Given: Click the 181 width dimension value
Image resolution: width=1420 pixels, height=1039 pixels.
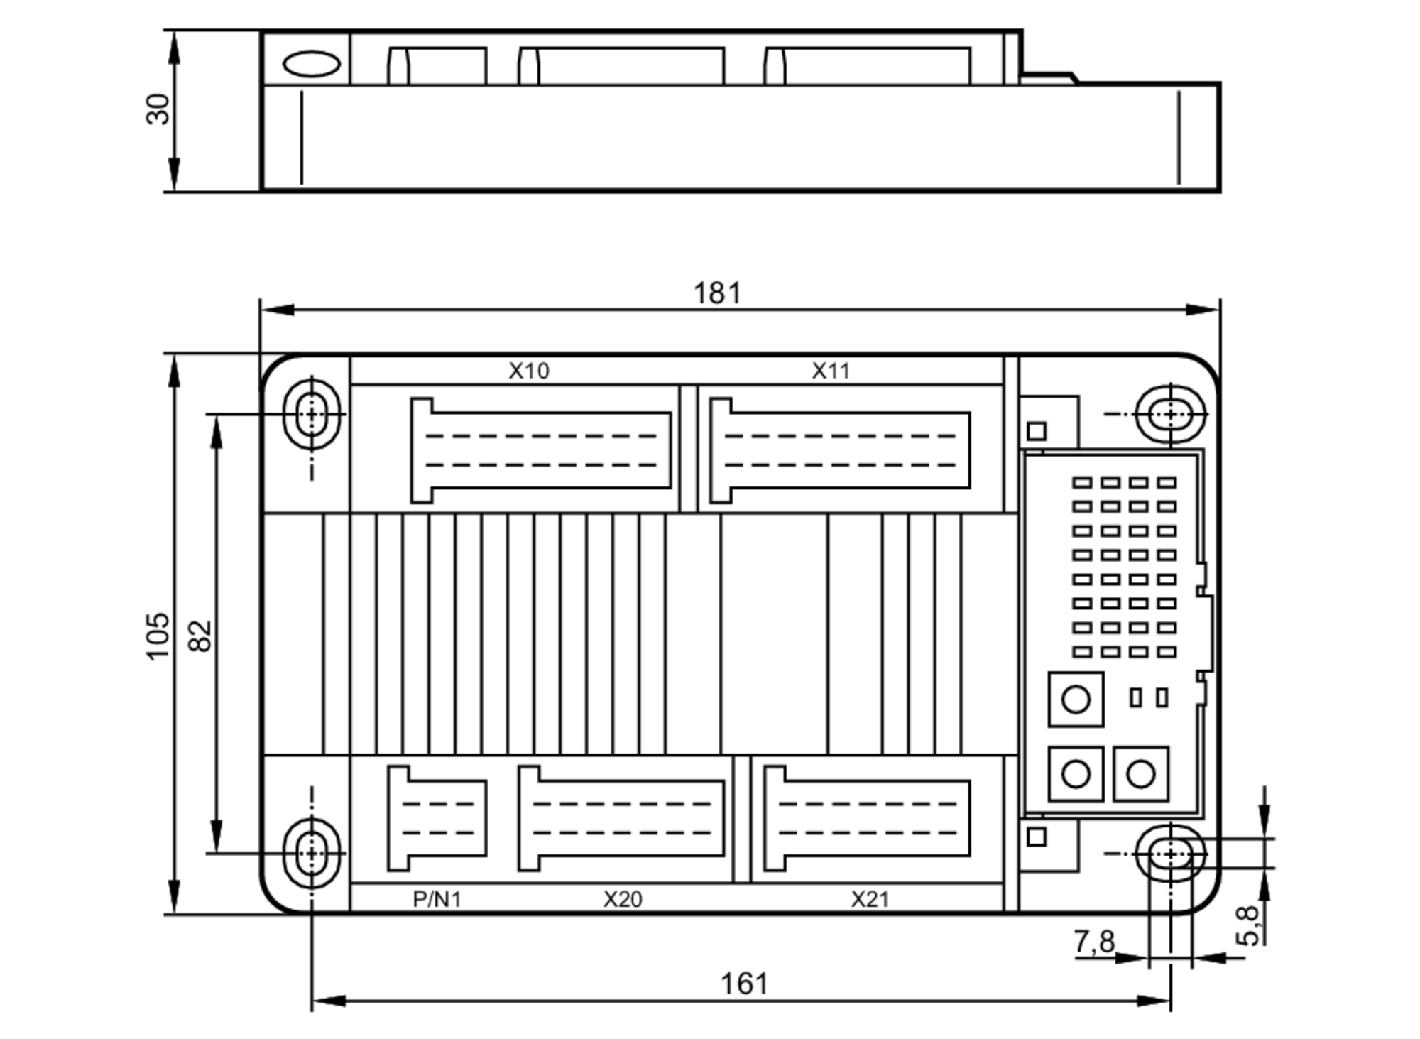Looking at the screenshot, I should coord(717,293).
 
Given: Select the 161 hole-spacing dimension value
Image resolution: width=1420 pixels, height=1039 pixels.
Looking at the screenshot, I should coord(744,984).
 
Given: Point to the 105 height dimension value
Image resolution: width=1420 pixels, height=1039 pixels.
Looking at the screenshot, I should coord(158,636).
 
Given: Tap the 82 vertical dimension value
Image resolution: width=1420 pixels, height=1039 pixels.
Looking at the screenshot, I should coord(200,636).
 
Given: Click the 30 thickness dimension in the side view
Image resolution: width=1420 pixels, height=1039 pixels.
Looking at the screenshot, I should coord(158,109).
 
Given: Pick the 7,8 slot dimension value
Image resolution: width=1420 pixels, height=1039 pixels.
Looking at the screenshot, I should coord(1094,942).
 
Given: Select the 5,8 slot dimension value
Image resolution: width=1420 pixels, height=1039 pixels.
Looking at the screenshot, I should coord(1248,925).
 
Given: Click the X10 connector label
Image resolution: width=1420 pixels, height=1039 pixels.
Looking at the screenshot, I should coord(529,371).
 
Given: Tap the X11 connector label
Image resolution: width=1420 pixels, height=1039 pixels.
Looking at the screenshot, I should coord(831,371).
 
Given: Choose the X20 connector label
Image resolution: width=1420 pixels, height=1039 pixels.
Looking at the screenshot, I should coord(623,900).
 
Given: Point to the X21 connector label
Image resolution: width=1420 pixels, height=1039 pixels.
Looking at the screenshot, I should coord(870,900).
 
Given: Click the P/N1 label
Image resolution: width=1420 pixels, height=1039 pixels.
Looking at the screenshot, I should coord(437,900).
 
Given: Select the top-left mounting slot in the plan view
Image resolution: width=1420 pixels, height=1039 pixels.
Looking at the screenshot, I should coord(311,414).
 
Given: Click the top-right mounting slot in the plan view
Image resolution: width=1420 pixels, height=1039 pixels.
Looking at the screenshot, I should coord(1170,414).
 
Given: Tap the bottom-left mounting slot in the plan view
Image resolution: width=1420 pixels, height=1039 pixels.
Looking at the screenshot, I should coord(311,853).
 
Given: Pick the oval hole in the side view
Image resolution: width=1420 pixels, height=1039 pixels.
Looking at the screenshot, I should coord(311,64).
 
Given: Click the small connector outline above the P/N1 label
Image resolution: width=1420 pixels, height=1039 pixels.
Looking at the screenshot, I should coord(437,818).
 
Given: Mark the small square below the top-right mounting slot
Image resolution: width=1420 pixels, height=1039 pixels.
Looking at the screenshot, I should coord(1037,431).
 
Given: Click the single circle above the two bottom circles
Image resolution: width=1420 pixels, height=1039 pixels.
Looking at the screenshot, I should coord(1076,700).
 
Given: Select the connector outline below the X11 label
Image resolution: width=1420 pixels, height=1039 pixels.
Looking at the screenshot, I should coord(841,450).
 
